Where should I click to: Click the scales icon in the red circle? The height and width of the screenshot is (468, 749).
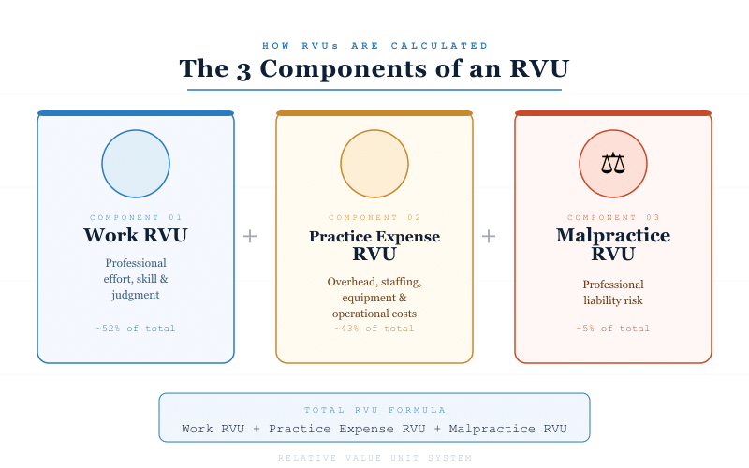tap(613, 164)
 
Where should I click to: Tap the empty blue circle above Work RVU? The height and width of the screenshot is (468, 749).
tap(136, 164)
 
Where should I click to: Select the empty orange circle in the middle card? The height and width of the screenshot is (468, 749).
tap(374, 164)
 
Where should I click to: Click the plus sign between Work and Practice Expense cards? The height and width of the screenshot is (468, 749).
tap(250, 236)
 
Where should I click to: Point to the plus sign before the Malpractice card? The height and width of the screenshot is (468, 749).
tap(489, 236)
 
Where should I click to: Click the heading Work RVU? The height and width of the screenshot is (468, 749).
tap(136, 235)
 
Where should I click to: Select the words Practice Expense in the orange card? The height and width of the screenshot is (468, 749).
tap(374, 236)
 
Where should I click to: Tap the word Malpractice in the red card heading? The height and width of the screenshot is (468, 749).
tap(613, 235)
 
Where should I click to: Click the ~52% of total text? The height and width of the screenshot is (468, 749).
tap(136, 329)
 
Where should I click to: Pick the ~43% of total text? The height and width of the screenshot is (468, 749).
tap(374, 329)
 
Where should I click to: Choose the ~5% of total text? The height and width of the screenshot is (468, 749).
tap(613, 329)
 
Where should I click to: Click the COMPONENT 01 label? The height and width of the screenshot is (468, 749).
tap(136, 217)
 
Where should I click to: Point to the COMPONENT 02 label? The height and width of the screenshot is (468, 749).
tap(374, 217)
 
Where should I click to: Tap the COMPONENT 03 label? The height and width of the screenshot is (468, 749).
tap(613, 217)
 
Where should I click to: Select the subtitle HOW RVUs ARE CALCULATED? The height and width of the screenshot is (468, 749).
tap(374, 45)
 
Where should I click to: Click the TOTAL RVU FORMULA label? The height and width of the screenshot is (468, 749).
tap(374, 410)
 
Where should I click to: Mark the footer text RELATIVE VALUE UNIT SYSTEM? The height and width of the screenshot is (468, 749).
tap(374, 458)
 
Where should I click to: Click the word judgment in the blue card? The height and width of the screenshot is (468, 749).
tap(136, 295)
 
